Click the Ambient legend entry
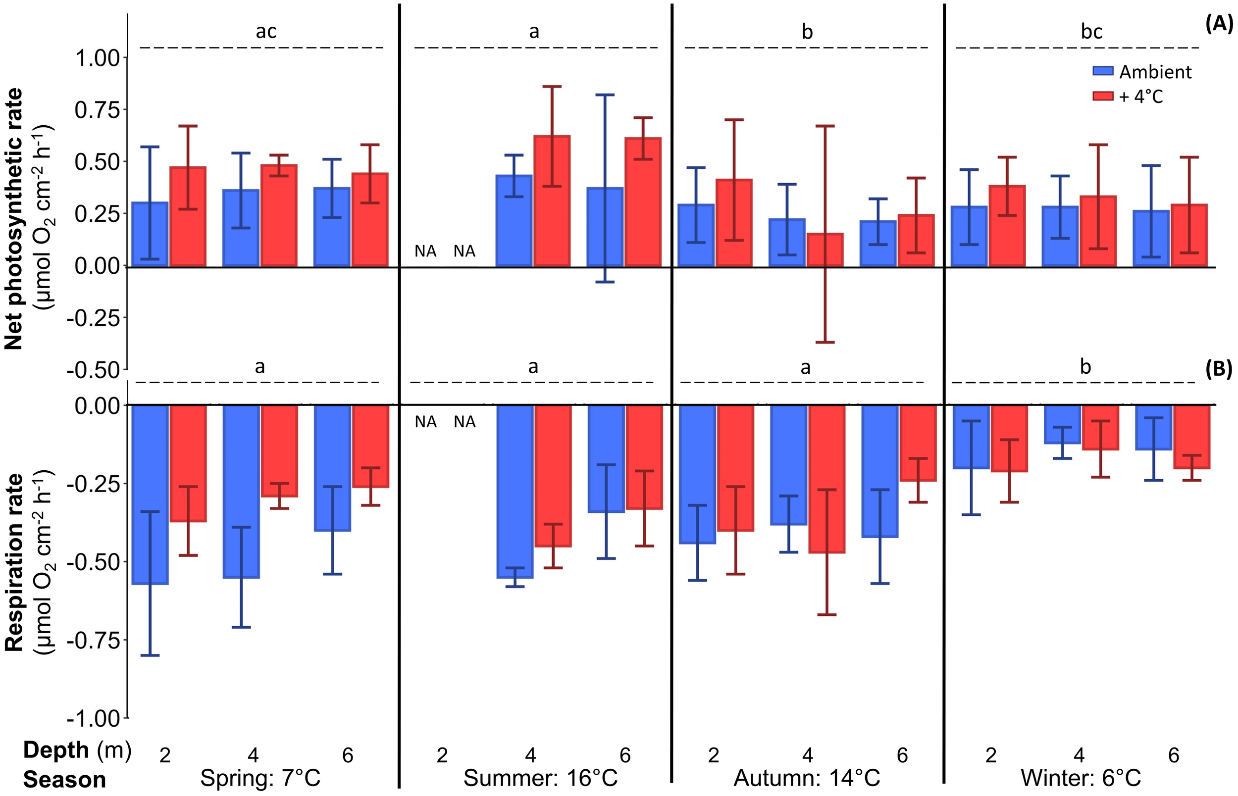1142,72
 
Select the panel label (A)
1219,24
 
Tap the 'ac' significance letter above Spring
266,32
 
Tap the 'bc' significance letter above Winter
1092,32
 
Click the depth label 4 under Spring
253,755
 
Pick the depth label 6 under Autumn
902,755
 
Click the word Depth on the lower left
56,750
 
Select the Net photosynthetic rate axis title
14,219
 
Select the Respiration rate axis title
14,563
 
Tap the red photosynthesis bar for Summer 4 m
552,201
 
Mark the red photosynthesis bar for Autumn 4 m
825,250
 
